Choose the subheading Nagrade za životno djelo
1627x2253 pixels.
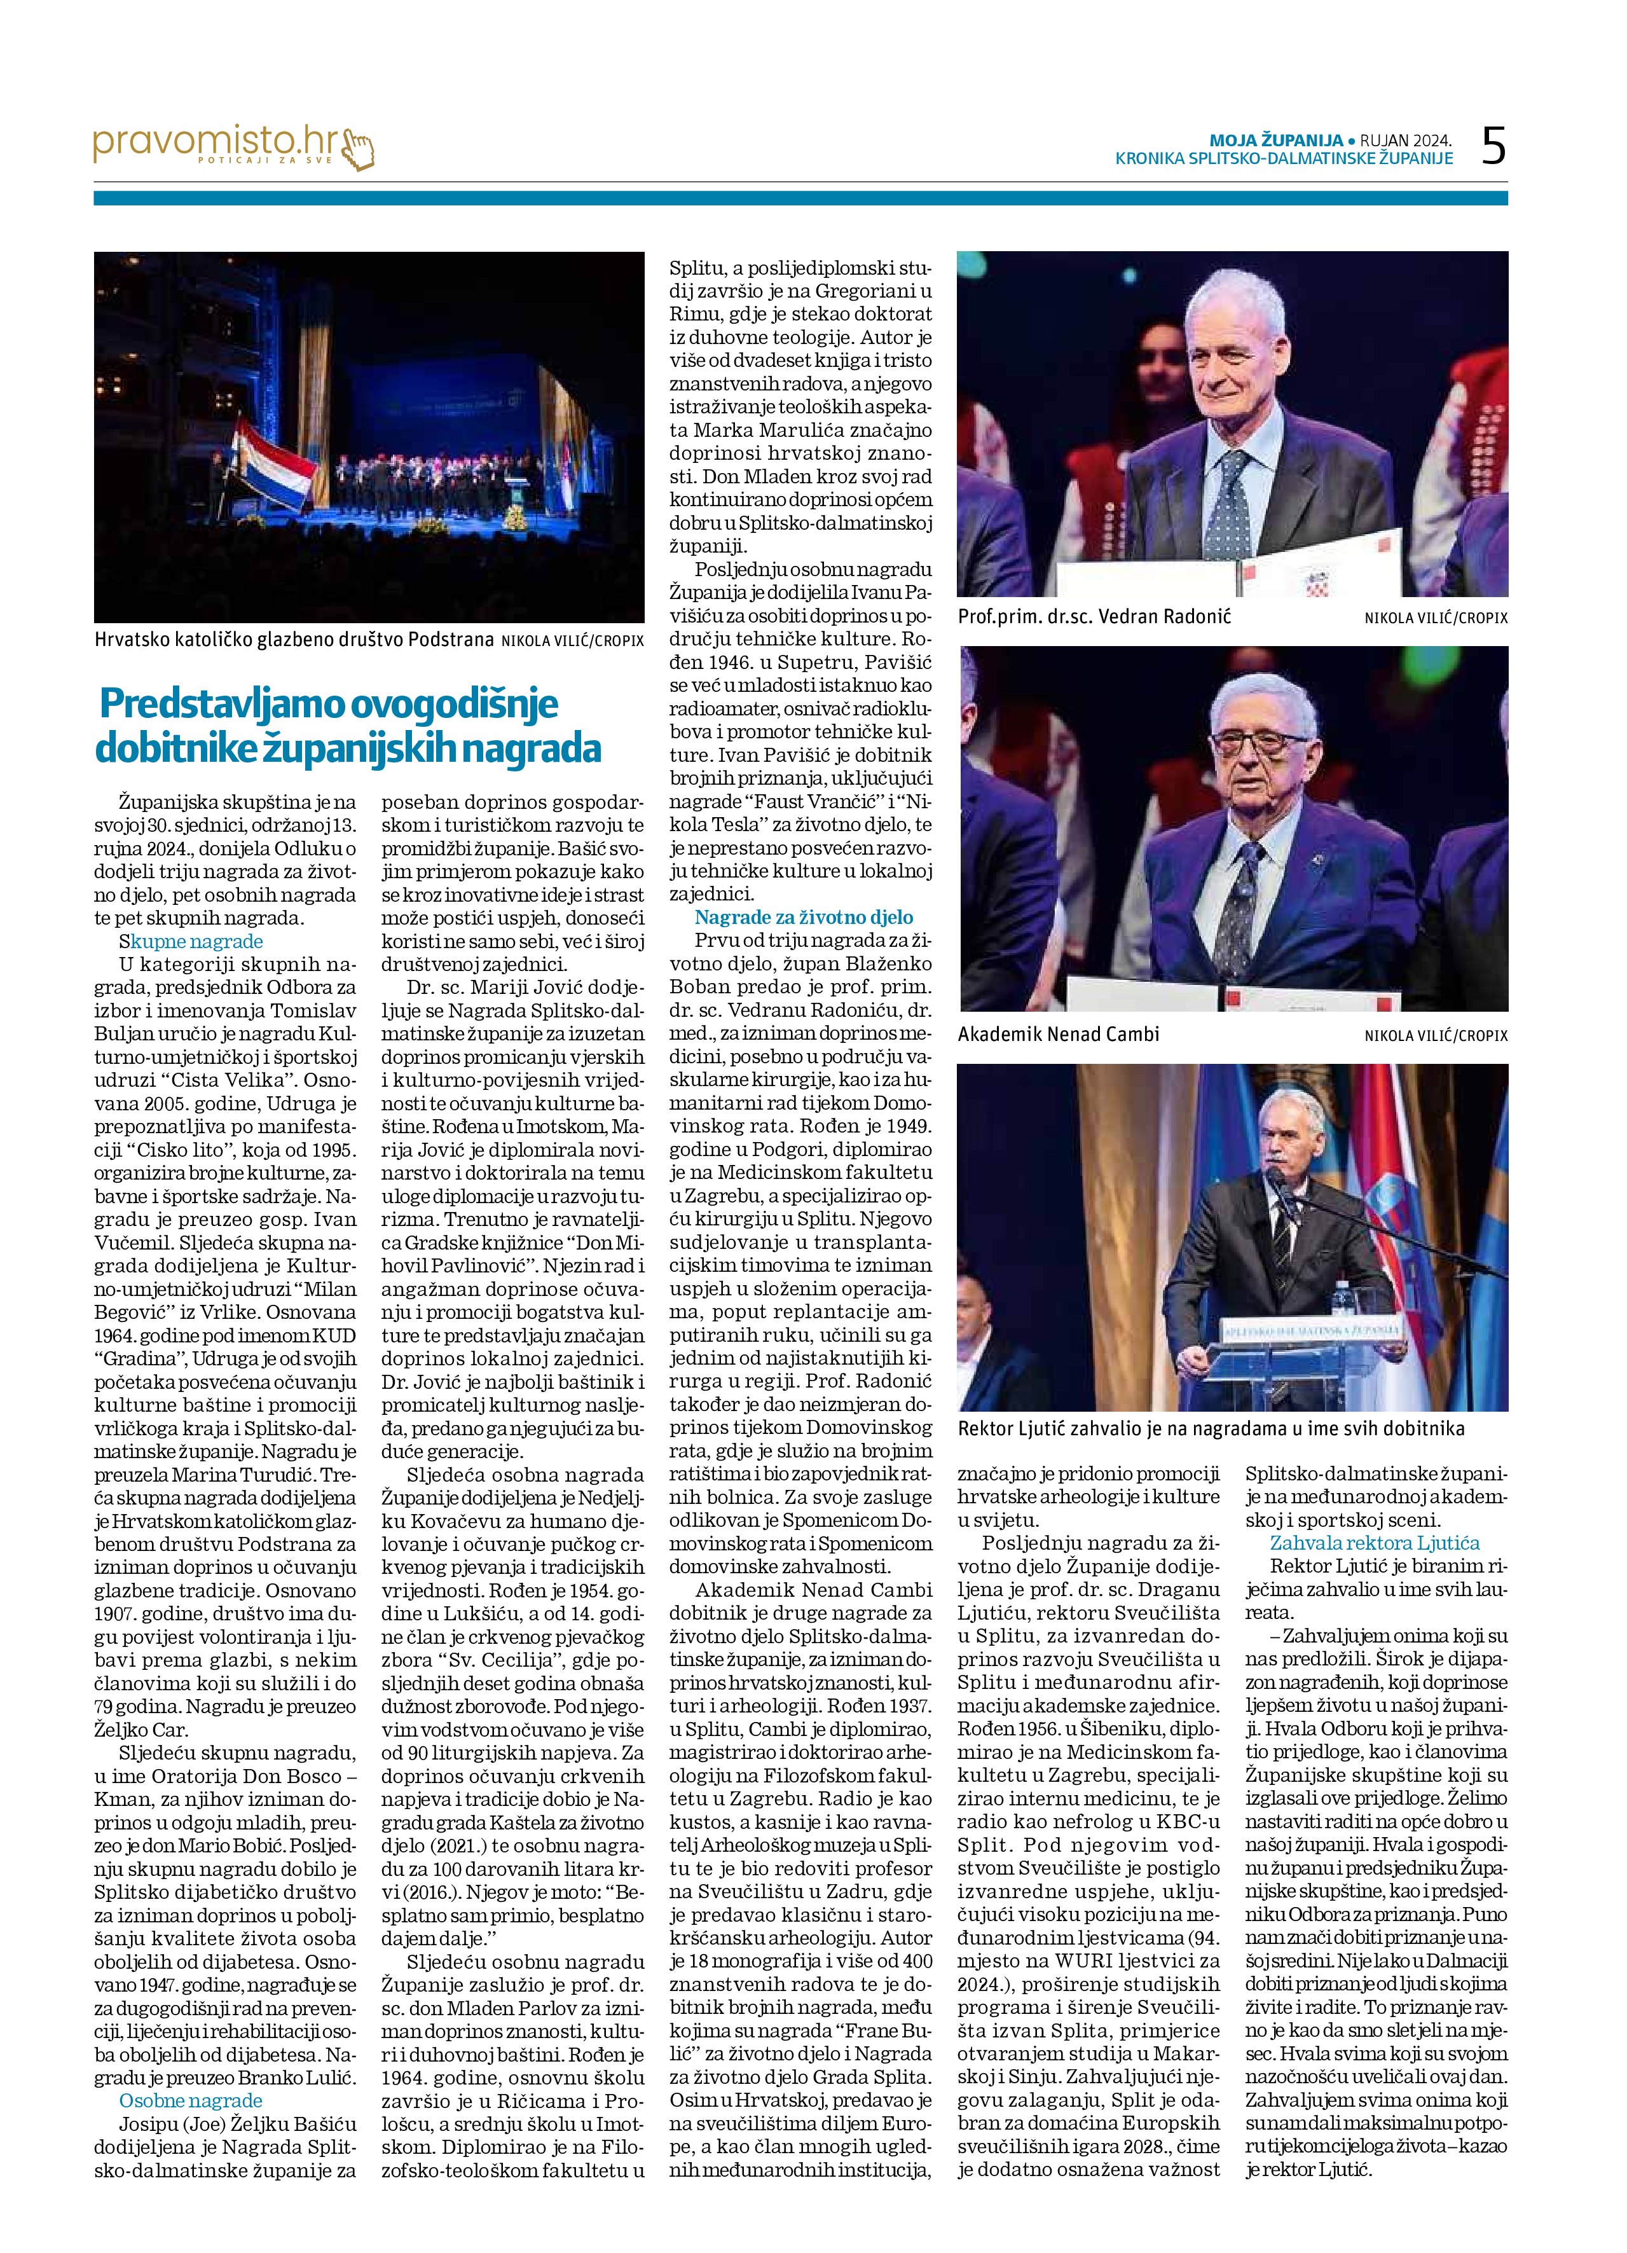[804, 917]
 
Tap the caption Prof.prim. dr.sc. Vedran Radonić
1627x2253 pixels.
[1094, 617]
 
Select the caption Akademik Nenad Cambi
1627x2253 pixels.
[1058, 1034]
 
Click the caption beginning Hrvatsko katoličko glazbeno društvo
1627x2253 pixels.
[294, 640]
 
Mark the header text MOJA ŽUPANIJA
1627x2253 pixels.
[1275, 140]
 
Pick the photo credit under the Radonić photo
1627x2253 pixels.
[1435, 618]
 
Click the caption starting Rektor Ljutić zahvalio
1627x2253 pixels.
[1211, 1428]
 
